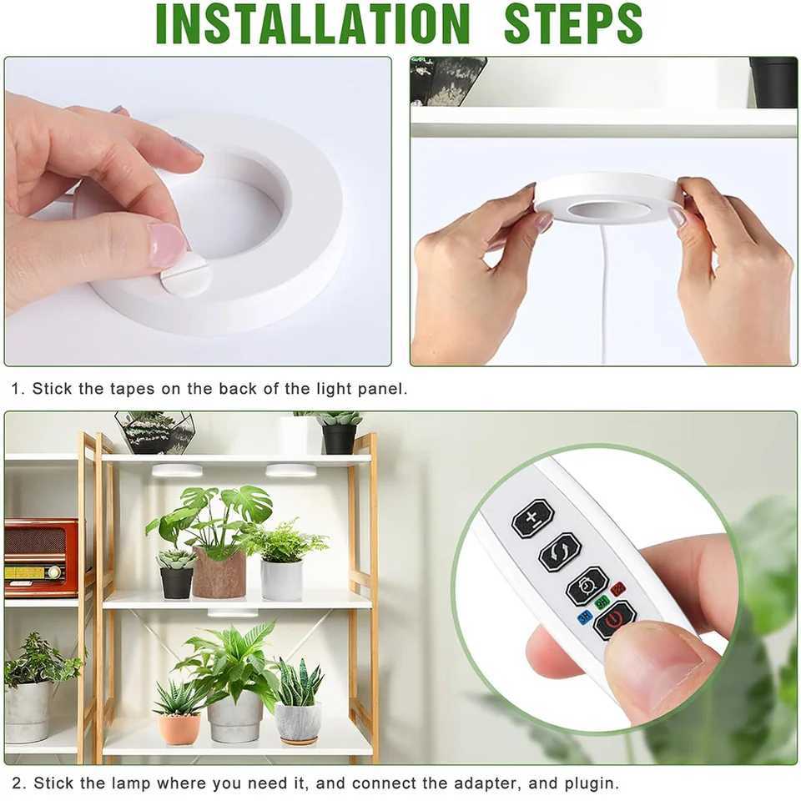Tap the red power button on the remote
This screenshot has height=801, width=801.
614,619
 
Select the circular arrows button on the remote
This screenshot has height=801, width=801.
560,552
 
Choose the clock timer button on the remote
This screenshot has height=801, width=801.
587,586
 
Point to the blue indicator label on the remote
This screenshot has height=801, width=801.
585,617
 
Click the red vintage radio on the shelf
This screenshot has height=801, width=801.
41,557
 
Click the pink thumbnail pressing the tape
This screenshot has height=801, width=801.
168,244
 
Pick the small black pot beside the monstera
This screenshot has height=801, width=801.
176,582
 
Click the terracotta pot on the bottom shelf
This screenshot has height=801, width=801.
179,728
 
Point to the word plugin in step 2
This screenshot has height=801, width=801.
590,783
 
